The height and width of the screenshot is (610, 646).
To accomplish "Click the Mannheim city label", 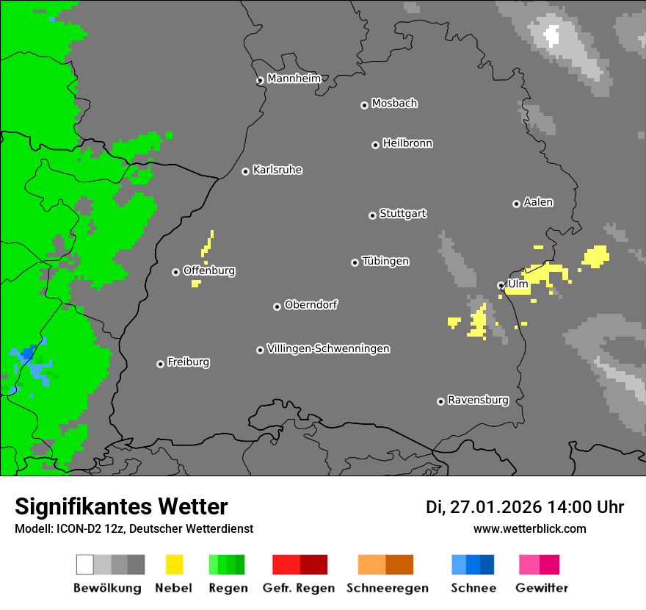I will click(294, 79).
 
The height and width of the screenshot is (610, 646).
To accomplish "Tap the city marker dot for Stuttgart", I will click(372, 215).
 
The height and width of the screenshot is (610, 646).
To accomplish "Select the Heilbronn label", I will click(407, 143).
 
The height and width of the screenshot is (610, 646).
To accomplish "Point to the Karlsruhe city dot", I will click(246, 171).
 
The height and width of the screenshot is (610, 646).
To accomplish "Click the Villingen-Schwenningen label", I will click(328, 348).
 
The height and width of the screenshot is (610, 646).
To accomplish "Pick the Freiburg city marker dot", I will click(160, 364).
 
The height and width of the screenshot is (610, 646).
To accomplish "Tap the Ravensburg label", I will click(478, 400).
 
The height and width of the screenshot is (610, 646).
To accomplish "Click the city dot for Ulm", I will click(501, 285).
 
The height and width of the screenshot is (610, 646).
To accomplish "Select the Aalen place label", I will click(538, 202).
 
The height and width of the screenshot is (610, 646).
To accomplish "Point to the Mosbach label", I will click(394, 104).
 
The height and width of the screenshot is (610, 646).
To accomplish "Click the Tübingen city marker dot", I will click(355, 262).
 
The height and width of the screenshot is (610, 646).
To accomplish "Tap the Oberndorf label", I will click(311, 305).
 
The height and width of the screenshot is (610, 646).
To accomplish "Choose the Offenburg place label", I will click(209, 270).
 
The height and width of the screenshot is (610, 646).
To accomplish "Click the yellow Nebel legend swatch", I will click(174, 564).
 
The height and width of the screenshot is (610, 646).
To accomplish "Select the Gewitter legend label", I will click(541, 588).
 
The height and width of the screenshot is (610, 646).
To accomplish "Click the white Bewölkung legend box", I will click(85, 564).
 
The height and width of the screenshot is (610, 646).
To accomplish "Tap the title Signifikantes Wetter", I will click(121, 506).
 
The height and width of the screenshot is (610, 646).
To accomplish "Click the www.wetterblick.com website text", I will click(529, 528).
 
